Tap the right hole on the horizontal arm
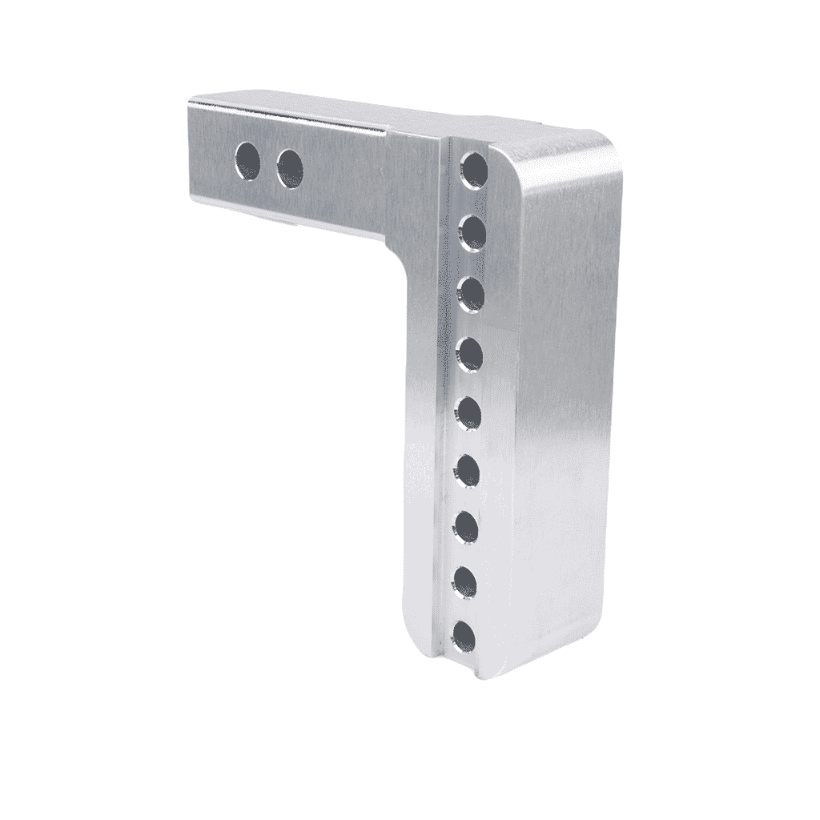pyautogui.click(x=291, y=167)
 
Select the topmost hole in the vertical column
pyautogui.click(x=475, y=170)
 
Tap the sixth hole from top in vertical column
pyautogui.click(x=467, y=470)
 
